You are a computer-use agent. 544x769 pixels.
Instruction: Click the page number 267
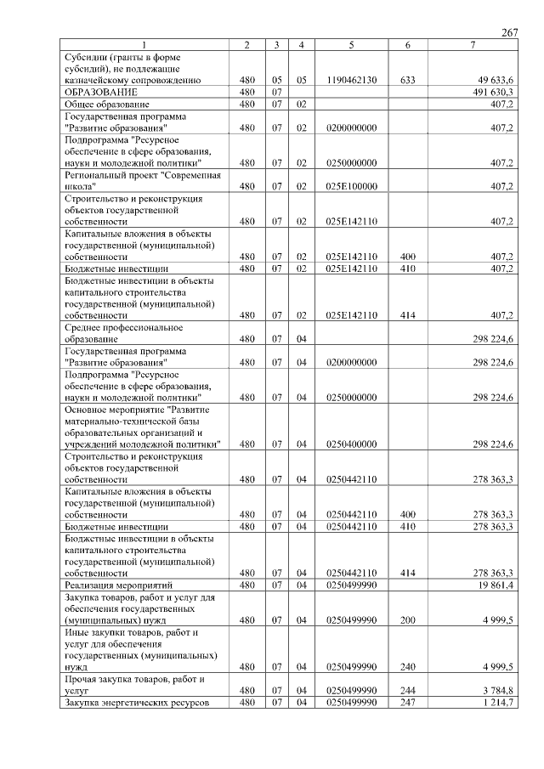point(510,32)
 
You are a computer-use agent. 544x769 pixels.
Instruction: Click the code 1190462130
point(351,80)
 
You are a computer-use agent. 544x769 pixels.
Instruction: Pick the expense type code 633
point(407,80)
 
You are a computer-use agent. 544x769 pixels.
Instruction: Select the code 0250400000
point(351,444)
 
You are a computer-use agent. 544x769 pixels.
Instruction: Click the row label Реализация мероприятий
point(119,585)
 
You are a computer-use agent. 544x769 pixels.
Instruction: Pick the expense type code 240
point(407,667)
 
